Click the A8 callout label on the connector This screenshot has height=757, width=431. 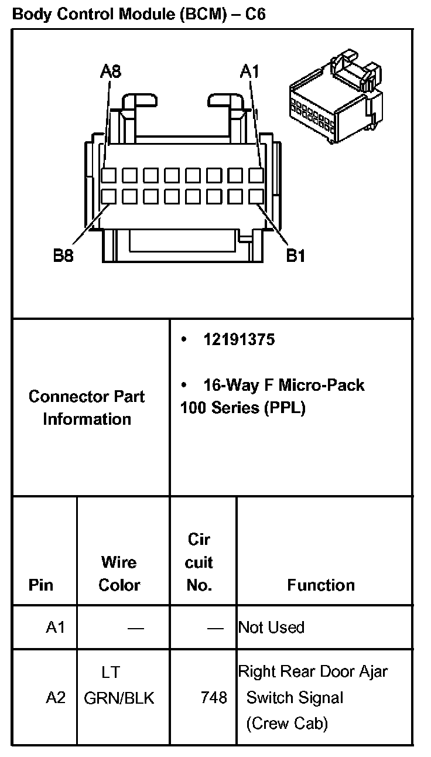tap(110, 71)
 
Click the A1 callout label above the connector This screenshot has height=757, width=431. tap(249, 71)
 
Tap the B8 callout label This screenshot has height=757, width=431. tap(63, 256)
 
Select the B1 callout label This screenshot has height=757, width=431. tap(295, 256)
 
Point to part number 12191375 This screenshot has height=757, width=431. tap(239, 340)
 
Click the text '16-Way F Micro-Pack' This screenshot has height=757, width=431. tap(283, 385)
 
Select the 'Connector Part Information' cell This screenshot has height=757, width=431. tap(87, 408)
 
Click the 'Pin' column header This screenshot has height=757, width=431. tap(40, 585)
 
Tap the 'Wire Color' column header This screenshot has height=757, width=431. tap(119, 574)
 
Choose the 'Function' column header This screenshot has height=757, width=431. tap(321, 585)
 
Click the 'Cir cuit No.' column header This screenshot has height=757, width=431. tap(199, 562)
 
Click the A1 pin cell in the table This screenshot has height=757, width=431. tap(56, 628)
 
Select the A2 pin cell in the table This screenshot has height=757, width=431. tap(56, 698)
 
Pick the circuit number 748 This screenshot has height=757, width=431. tap(214, 698)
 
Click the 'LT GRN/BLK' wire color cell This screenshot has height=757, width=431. tap(119, 685)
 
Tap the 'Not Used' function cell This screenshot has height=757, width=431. tap(271, 628)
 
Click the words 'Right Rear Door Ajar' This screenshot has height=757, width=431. tap(313, 671)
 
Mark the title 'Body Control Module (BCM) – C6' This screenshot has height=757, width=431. tap(139, 14)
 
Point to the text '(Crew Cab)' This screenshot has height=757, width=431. tap(286, 724)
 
